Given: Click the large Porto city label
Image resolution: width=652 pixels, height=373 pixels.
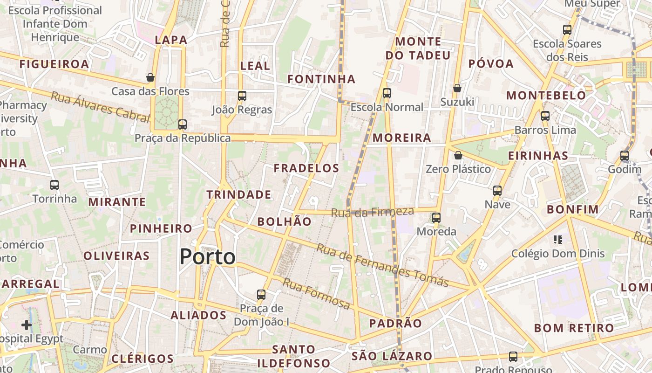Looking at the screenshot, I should coord(207,257).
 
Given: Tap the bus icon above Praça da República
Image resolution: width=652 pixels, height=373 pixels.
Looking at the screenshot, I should coord(183,124).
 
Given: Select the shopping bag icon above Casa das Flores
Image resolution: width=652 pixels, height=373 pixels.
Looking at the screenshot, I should coord(150,77).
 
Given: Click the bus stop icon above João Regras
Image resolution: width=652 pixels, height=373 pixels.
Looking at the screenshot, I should coord(242,96).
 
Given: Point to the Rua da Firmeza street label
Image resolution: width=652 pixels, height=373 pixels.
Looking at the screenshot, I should coord(372,212).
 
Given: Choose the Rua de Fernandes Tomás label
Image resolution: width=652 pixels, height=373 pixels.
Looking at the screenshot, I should coord(382,265).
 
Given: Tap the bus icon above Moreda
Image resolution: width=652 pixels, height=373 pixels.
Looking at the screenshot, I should coord(436,218).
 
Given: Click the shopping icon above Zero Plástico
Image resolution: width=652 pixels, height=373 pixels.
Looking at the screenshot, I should coord(458,155).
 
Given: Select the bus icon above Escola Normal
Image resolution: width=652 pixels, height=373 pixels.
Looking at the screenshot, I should coord(387,93).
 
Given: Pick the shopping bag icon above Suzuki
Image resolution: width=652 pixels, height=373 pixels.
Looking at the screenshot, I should coord(457,88).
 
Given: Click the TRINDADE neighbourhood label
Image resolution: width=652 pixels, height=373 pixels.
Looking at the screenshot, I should coord(239,195).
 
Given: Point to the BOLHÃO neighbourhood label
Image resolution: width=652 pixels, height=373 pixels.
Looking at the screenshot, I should coord(285,222).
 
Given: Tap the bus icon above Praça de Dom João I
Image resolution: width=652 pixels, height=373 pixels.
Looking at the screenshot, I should coord(261,295).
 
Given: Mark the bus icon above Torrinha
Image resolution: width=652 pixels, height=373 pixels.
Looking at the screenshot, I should coord(54,185).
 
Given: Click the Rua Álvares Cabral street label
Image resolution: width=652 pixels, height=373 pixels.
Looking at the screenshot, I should coord(100,107).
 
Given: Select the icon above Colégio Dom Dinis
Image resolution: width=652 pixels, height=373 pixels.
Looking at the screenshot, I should coord(557,240).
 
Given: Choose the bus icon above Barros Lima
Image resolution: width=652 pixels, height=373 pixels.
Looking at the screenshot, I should coord(545,116).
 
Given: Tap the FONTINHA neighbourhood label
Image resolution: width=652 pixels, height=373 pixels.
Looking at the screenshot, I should coord(321,79).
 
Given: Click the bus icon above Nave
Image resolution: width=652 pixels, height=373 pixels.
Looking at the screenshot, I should coord(497,191).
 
